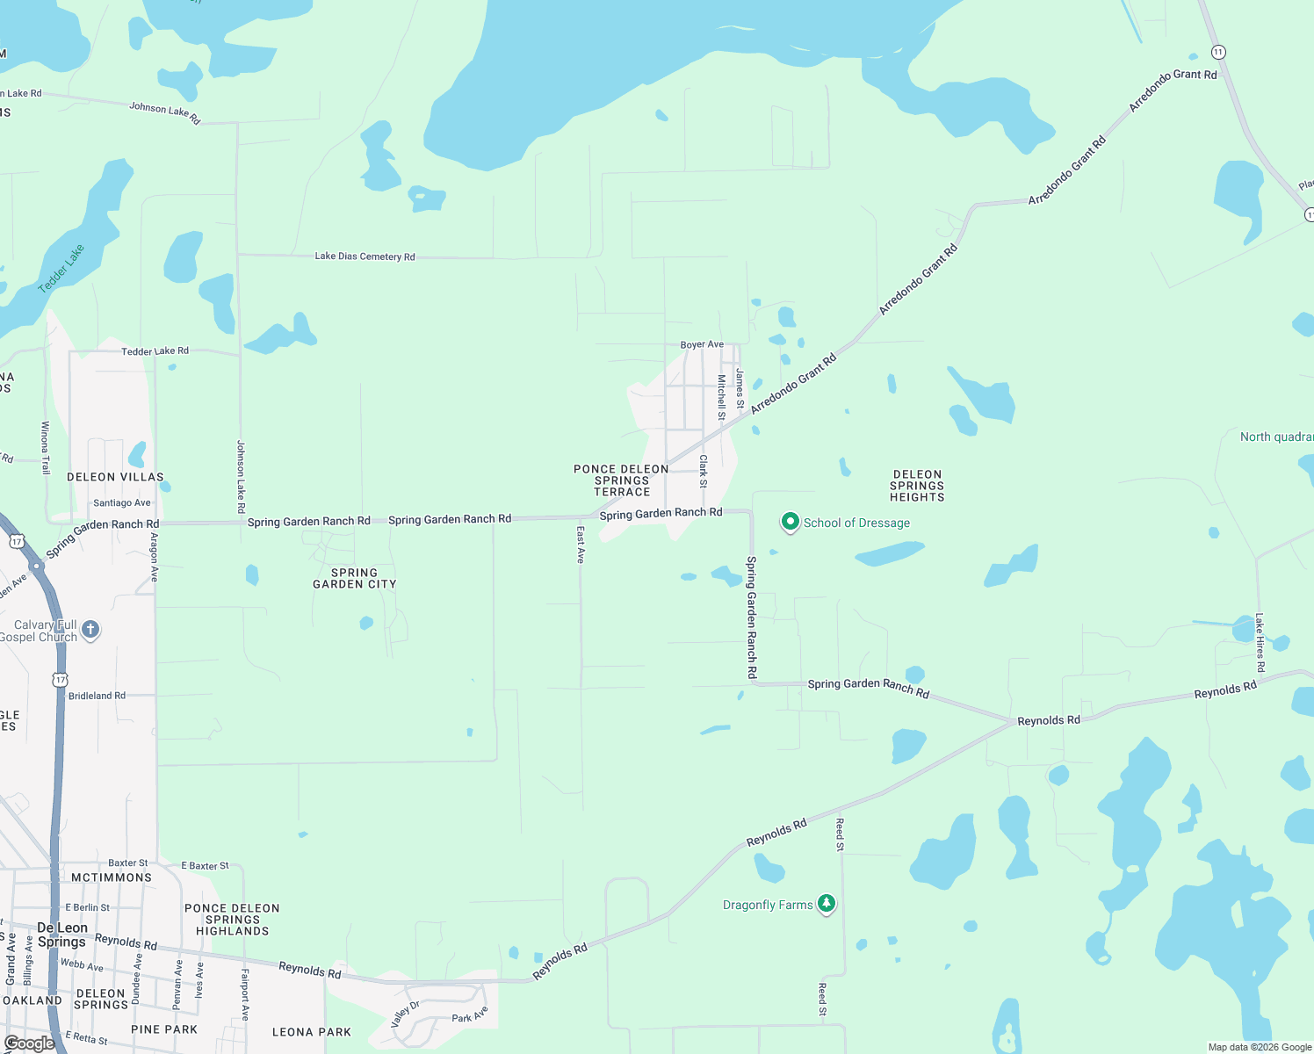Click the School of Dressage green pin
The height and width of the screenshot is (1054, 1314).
pos(790,523)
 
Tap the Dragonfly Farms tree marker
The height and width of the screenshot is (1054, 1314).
pos(826,903)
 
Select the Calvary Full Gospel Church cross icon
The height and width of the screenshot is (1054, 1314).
pos(90,630)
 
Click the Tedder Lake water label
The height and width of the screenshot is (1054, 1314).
pos(61,268)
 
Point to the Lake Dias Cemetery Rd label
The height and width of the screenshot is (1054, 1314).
pos(365,256)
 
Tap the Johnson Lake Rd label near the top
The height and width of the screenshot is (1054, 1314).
pos(165,112)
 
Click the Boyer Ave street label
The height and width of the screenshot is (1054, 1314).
pos(702,344)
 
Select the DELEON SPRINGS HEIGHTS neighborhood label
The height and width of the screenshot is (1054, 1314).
pos(917,486)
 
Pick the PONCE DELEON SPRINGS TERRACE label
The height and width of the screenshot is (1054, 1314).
pos(622,480)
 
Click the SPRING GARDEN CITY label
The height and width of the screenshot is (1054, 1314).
pos(355,578)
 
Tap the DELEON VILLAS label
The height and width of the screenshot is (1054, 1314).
pos(115,477)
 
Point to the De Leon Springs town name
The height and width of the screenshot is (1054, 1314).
pos(62,935)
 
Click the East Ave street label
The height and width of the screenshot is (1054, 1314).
pos(581,545)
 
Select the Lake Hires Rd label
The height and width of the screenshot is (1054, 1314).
pos(1260,643)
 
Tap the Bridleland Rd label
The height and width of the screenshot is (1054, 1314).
pos(97,696)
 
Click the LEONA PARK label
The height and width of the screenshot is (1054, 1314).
pos(312,1032)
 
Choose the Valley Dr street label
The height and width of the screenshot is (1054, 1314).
pos(405,1014)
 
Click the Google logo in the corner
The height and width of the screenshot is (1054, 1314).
pos(29,1043)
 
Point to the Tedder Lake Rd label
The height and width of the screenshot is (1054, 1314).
pos(155,351)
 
